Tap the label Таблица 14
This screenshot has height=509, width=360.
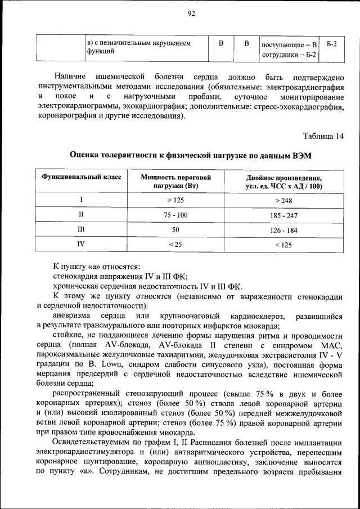323,136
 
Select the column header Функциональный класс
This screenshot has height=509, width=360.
81,177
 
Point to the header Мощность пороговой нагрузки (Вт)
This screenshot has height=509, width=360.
175,181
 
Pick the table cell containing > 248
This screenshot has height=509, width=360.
283,200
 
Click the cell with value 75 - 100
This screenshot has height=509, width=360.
175,215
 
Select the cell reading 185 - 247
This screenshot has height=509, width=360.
283,215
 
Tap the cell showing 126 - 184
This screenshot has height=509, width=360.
283,230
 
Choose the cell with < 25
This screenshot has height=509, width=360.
175,245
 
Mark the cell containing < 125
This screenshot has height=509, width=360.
283,245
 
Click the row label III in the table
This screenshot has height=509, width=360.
81,230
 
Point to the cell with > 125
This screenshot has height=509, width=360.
175,200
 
